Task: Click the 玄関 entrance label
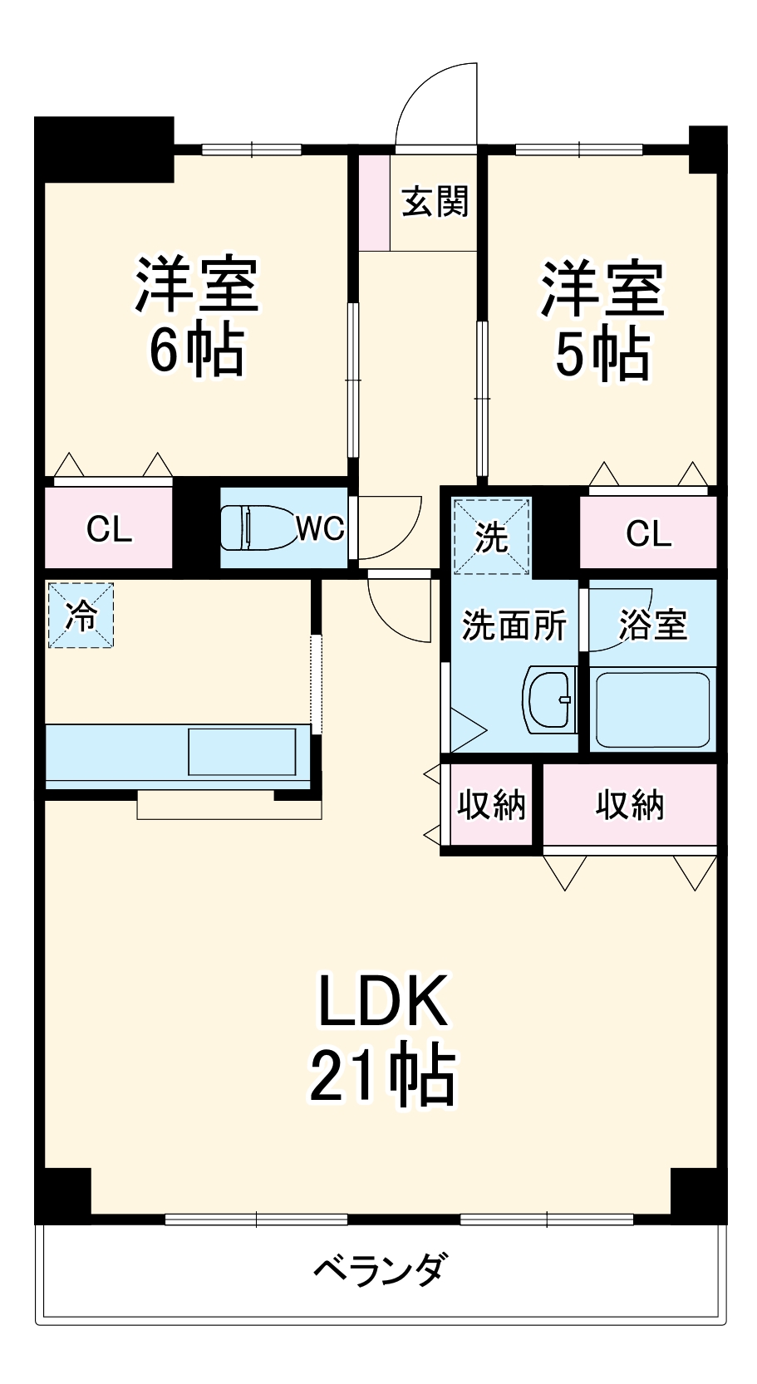[x=435, y=202]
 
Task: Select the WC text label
[x=321, y=528]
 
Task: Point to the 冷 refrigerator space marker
[x=81, y=616]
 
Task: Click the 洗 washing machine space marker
[x=490, y=537]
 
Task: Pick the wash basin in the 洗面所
[x=550, y=699]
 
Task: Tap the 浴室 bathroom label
[x=653, y=624]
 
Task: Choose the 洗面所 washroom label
[x=514, y=624]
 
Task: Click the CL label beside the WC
[x=109, y=528]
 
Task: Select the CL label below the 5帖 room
[x=648, y=533]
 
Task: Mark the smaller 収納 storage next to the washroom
[x=492, y=804]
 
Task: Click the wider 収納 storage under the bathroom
[x=630, y=804]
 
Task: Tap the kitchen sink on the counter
[x=242, y=752]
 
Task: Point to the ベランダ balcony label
[x=381, y=1270]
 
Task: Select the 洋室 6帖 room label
[x=197, y=316]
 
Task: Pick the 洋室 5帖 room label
[x=602, y=320]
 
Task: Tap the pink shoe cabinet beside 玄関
[x=374, y=202]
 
